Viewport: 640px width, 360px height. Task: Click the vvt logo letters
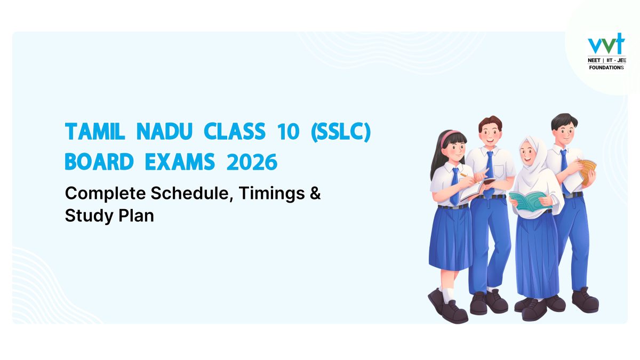(605, 45)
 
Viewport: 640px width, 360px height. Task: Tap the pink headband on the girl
(451, 135)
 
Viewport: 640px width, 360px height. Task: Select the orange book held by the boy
(588, 171)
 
